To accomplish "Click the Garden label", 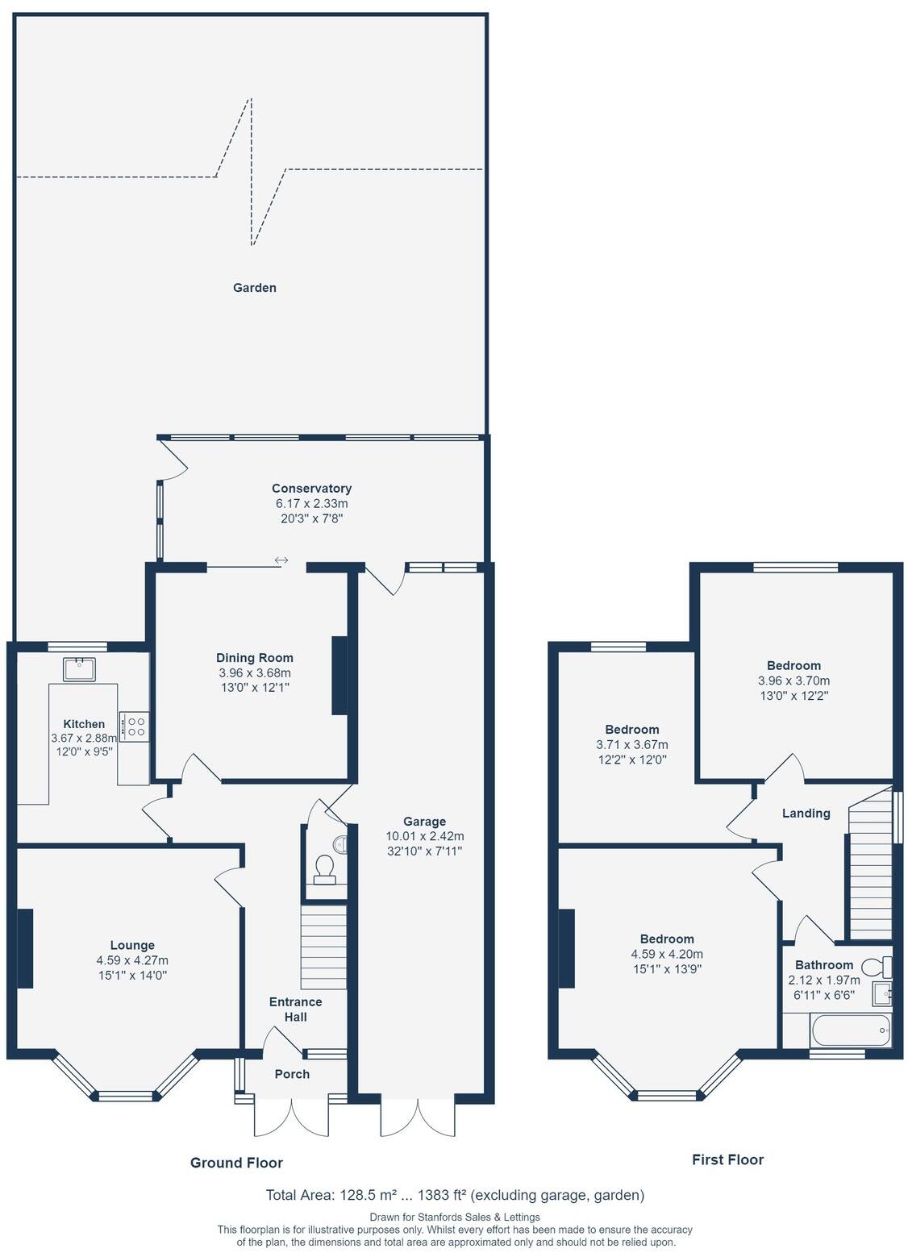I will pyautogui.click(x=254, y=288).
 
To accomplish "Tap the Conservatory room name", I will pyautogui.click(x=311, y=489).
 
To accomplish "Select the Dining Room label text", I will pyautogui.click(x=254, y=658).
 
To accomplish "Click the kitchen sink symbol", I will pyautogui.click(x=80, y=668).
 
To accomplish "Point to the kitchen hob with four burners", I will pyautogui.click(x=134, y=726).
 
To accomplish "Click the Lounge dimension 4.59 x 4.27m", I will pyautogui.click(x=132, y=960).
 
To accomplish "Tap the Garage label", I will pyautogui.click(x=424, y=822).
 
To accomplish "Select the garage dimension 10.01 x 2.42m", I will pyautogui.click(x=424, y=836).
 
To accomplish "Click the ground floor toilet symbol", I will pyautogui.click(x=325, y=868).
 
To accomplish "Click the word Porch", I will pyautogui.click(x=292, y=1074).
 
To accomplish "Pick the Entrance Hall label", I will pyautogui.click(x=295, y=1009).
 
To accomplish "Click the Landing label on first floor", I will pyautogui.click(x=806, y=814).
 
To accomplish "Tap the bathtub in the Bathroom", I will pyautogui.click(x=850, y=1030).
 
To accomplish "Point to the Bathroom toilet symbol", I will pyautogui.click(x=876, y=965).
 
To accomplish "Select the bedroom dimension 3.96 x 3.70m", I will pyautogui.click(x=793, y=681).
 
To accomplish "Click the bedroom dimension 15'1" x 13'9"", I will pyautogui.click(x=667, y=969).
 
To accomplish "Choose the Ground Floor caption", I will pyautogui.click(x=236, y=1163).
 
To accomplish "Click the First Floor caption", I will pyautogui.click(x=727, y=1159).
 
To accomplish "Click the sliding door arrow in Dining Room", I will pyautogui.click(x=281, y=560).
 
